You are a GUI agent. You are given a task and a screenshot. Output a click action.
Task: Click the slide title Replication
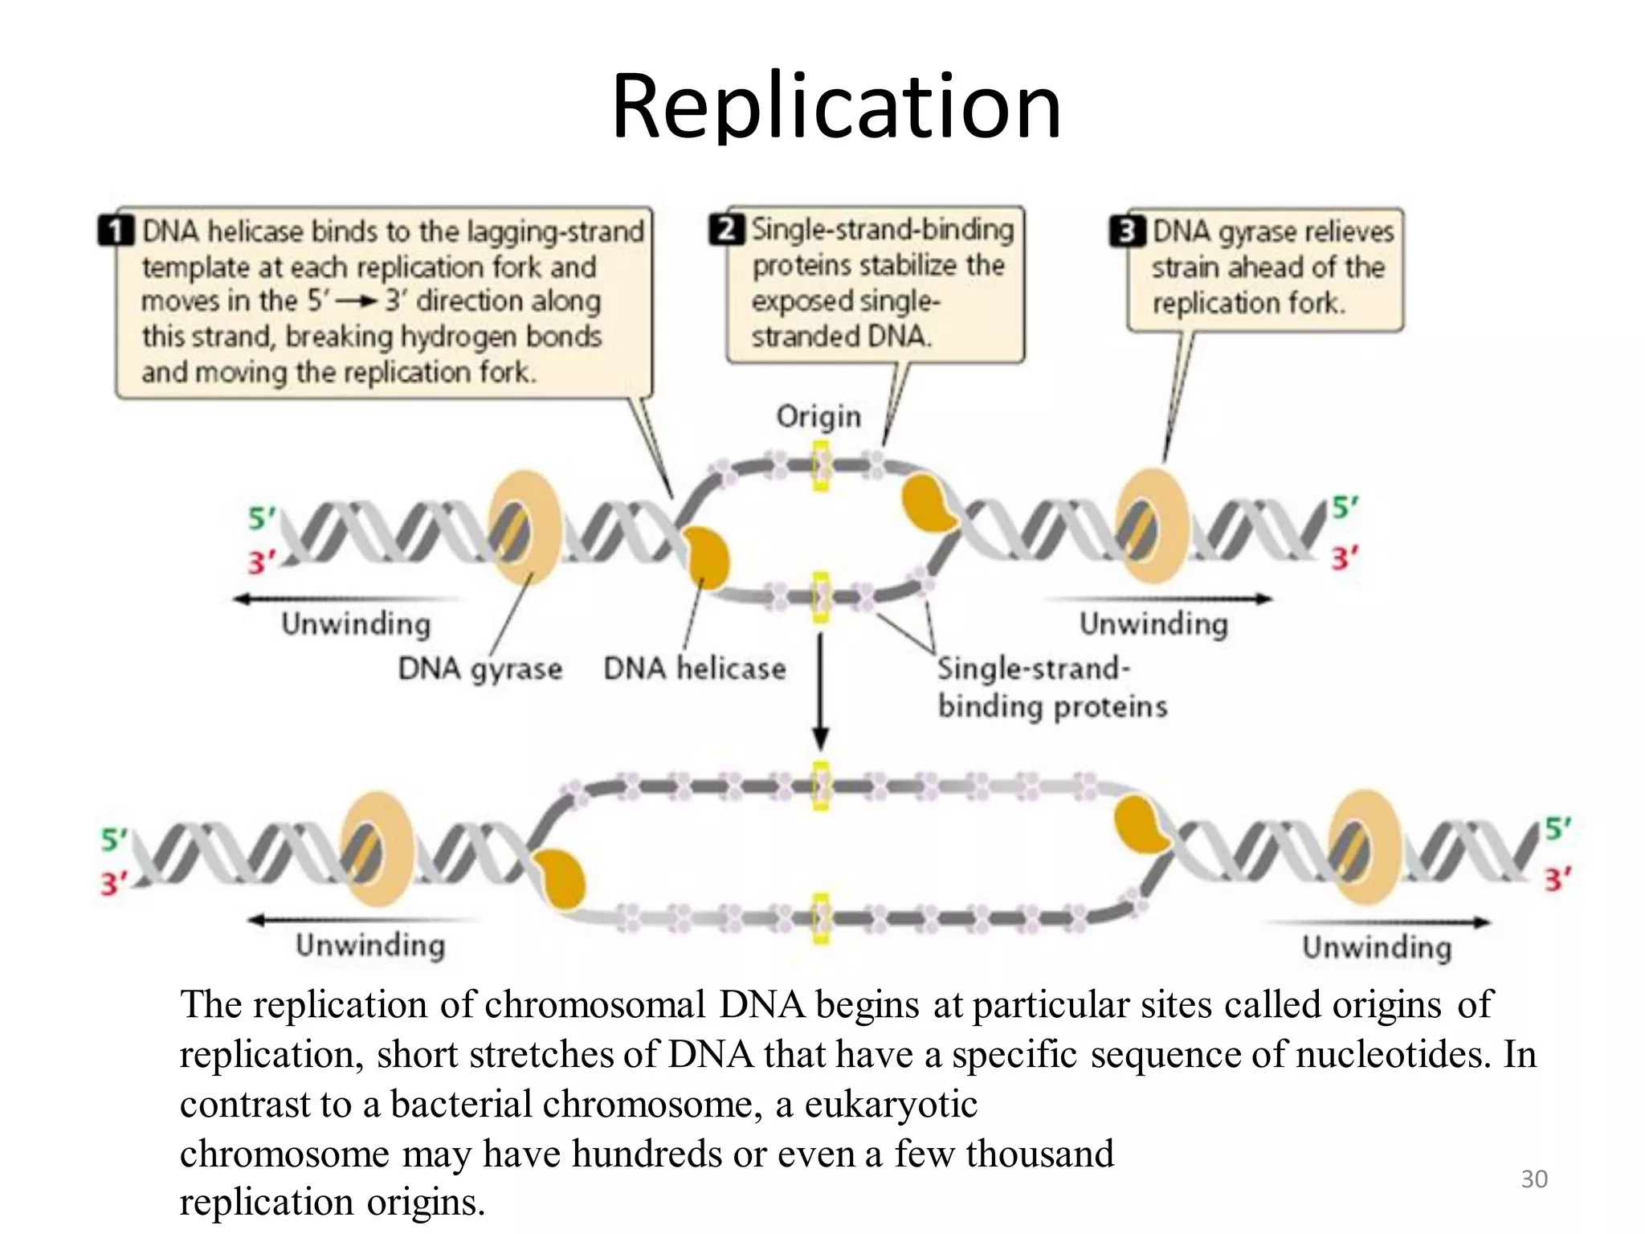[x=836, y=107]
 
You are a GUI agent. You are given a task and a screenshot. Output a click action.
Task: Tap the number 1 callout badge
[x=116, y=231]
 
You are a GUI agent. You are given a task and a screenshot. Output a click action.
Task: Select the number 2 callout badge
[x=726, y=230]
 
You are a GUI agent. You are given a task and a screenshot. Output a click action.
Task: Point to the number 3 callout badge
[x=1127, y=231]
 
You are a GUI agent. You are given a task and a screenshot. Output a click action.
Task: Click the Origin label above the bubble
[x=818, y=416]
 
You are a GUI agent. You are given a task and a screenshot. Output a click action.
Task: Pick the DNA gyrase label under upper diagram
[x=480, y=668]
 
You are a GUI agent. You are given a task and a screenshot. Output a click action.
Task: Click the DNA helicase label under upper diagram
[x=694, y=668]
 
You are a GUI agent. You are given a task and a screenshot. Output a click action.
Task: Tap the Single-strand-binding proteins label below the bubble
[x=1051, y=688]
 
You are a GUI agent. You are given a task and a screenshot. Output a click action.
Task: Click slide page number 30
[x=1534, y=1179]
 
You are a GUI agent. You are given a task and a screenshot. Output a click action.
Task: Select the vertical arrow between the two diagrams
[x=820, y=691]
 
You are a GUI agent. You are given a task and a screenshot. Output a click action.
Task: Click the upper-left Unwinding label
[x=356, y=624]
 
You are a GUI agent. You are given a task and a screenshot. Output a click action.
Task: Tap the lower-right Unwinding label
[x=1377, y=947]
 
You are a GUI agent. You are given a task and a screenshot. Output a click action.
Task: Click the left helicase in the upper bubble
[x=706, y=558]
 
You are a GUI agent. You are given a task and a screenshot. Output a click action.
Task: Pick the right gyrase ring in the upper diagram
[x=1153, y=527]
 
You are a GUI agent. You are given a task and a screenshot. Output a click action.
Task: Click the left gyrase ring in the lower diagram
[x=377, y=848]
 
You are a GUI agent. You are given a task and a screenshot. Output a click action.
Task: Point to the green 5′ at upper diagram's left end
[x=261, y=519]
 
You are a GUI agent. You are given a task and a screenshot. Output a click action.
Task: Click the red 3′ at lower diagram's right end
[x=1557, y=881]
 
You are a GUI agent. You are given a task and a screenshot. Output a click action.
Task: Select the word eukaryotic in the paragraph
[x=891, y=1105]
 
